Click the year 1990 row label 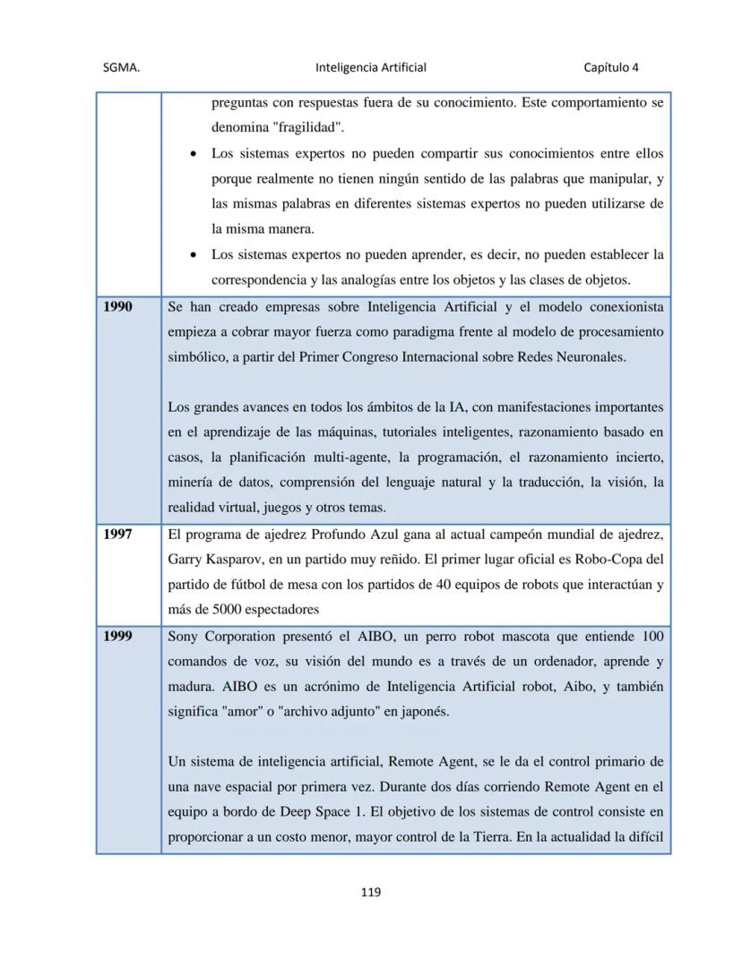click(117, 307)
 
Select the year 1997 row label click(117, 535)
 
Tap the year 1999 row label click(117, 637)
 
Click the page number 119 click(371, 892)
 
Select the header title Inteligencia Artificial click(371, 67)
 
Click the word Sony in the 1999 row click(184, 637)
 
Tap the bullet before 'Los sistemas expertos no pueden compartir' click(194, 154)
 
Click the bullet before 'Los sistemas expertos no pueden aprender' click(194, 254)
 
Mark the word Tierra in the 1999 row click(489, 837)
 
